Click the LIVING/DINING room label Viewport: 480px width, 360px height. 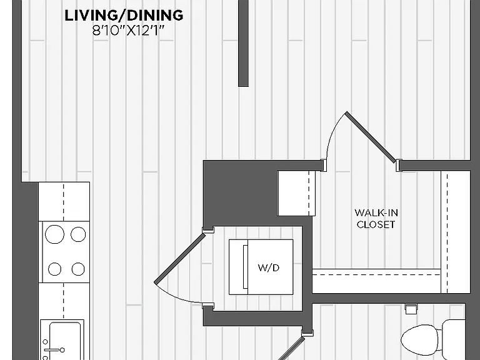[x=124, y=15]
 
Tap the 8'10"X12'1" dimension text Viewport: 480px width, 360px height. [x=129, y=31]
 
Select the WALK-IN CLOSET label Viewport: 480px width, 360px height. [x=376, y=219]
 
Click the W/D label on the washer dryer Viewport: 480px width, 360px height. [x=269, y=268]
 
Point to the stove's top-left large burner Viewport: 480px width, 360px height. [x=54, y=234]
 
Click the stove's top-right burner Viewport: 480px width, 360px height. [x=78, y=234]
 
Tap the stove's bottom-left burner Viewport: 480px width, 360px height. [x=54, y=269]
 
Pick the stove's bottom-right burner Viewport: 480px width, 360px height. [x=78, y=269]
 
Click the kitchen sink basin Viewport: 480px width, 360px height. [x=65, y=341]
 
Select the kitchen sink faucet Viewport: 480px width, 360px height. [x=54, y=349]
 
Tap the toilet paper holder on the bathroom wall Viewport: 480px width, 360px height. [x=410, y=309]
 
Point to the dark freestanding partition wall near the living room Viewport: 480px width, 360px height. [x=243, y=43]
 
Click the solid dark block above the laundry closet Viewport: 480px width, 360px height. [x=240, y=193]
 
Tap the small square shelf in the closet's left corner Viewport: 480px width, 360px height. [x=296, y=193]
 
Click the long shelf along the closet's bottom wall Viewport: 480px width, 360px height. [x=376, y=281]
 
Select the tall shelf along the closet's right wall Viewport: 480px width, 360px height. [x=456, y=232]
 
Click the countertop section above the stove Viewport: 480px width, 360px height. [x=64, y=201]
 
